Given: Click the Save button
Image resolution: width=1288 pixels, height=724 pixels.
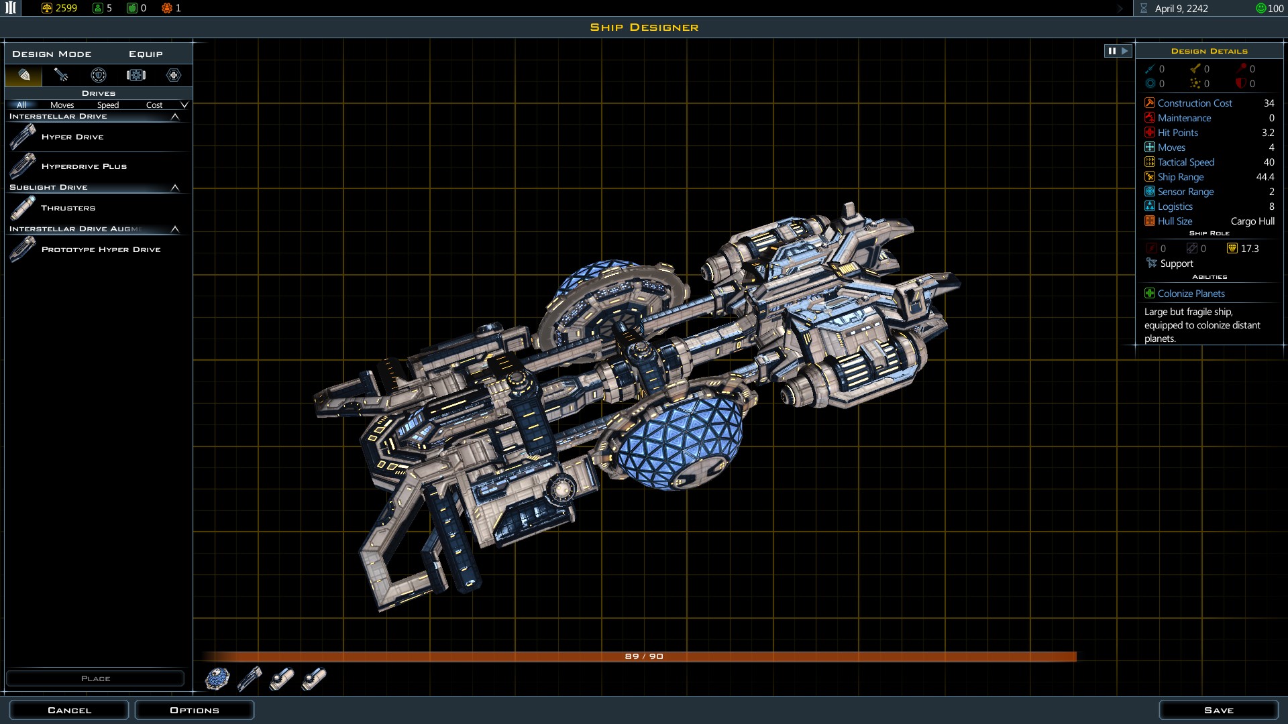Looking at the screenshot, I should pos(1218,710).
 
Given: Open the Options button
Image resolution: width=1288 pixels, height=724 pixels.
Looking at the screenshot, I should pos(195,710).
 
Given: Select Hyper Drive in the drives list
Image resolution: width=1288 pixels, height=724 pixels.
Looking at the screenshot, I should pos(72,137).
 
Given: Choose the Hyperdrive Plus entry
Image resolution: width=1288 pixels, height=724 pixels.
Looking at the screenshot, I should pos(84,166).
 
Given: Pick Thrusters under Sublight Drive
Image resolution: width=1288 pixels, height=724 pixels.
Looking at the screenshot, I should pos(68,208).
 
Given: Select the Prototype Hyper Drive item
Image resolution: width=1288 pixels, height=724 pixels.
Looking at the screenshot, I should pos(101,249).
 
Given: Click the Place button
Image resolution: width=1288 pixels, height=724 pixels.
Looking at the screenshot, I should pos(95,678).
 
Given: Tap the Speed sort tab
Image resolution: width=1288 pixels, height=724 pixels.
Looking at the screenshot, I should pos(107,105).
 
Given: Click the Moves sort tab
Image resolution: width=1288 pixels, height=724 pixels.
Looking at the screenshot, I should pos(62,105).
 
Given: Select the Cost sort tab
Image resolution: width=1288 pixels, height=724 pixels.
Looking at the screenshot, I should pos(154,105).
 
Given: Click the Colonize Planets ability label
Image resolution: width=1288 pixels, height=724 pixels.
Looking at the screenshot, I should pos(1191,294).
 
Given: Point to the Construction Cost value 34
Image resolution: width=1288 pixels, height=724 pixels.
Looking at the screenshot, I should pos(1269,103).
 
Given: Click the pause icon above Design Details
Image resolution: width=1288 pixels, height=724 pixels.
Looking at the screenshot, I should pos(1112,51).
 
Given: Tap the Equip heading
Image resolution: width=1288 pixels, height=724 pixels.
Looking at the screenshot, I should pos(146,54).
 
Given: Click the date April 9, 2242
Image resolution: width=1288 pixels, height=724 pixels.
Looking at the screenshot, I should pos(1181,9).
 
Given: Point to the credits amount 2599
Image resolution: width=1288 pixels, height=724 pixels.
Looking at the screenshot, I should pos(66,8).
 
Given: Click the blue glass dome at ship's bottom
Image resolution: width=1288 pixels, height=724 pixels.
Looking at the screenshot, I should pos(678,442).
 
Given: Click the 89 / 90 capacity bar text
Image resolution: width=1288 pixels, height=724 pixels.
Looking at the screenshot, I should pos(643,656).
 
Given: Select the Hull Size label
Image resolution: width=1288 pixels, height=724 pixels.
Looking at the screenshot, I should pos(1175,221).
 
